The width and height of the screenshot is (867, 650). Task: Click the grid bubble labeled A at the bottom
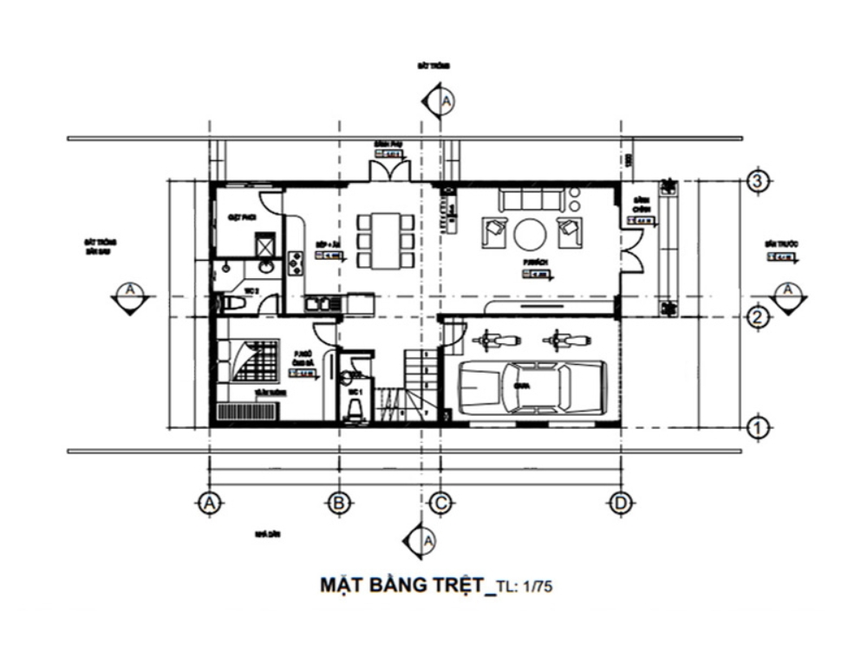pos(207,503)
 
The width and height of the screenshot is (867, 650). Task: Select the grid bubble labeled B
pos(339,503)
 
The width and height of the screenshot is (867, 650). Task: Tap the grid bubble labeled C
pos(440,503)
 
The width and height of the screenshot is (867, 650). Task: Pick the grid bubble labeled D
pos(620,503)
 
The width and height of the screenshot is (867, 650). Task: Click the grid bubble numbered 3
pos(757,182)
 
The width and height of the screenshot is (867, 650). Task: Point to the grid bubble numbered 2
pos(757,317)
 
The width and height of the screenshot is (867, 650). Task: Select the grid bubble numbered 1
pos(757,426)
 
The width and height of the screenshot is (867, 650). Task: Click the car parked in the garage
pos(531,387)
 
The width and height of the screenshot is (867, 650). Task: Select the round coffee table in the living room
pos(530,233)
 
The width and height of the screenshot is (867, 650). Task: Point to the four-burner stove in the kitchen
pos(295,263)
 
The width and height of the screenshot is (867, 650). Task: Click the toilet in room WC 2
pos(231,303)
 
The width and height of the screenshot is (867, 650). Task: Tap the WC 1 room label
pos(352,392)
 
